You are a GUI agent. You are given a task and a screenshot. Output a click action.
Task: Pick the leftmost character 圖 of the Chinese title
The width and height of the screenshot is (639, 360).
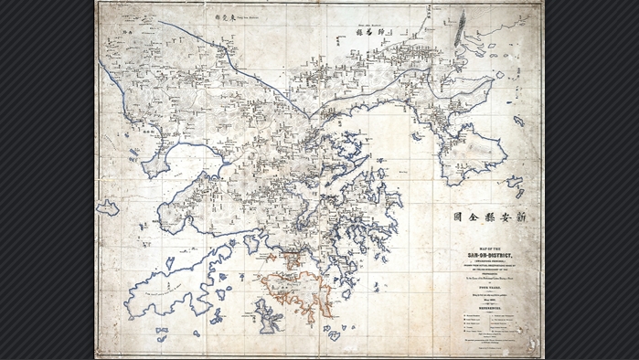pos(458,217)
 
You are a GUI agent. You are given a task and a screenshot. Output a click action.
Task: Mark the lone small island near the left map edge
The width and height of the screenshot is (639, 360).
pos(108,208)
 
